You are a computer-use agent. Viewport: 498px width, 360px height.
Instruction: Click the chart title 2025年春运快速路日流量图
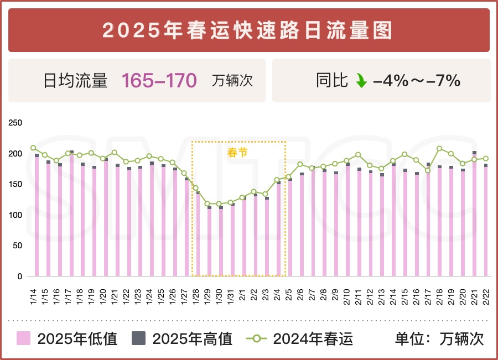(248, 30)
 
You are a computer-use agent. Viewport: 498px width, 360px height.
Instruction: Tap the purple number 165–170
(159, 81)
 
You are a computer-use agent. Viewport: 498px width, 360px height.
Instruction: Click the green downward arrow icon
(361, 81)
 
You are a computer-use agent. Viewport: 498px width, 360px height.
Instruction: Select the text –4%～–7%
(417, 81)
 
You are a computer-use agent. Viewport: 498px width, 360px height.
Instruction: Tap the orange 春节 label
(238, 153)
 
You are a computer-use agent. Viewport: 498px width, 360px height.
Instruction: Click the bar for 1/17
(71, 216)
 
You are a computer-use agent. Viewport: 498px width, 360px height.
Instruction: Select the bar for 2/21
(474, 216)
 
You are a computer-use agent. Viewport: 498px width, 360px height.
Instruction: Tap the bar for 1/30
(221, 243)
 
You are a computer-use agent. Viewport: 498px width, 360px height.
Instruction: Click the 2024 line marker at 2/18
(439, 148)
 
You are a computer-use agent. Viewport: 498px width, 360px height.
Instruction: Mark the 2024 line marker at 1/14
(33, 148)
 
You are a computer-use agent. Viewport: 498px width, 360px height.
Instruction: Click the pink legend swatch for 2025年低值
(24, 338)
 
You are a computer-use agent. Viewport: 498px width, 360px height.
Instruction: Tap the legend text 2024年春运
(313, 338)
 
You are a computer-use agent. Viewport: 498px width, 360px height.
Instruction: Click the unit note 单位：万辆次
(439, 338)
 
